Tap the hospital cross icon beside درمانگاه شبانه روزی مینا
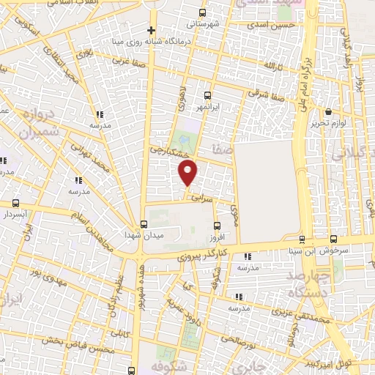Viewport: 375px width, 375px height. point(152,31)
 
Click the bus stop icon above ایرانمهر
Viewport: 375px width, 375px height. point(207,95)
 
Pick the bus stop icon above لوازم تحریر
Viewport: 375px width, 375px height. point(327,112)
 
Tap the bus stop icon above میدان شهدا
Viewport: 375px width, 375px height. point(144,224)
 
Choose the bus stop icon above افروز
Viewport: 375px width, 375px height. point(215,226)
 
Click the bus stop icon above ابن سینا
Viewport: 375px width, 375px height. point(302,240)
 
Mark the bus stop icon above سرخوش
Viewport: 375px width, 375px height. point(334,240)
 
